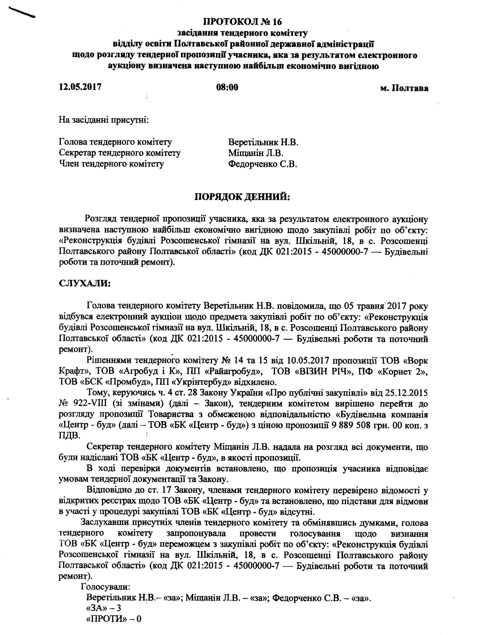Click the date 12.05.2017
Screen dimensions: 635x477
coord(80,87)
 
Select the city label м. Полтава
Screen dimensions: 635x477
coord(404,88)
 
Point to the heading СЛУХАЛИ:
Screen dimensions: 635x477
coord(84,283)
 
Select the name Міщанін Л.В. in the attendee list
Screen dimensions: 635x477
coord(256,153)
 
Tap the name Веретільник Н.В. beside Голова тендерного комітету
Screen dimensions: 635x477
coord(263,142)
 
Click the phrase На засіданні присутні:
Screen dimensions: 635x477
coord(104,119)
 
